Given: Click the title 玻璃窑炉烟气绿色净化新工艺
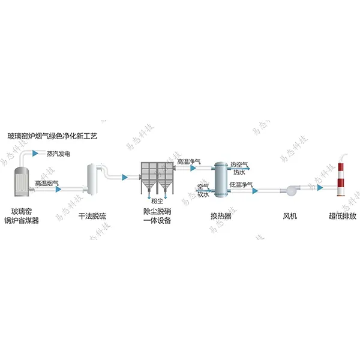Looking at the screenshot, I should click(52, 137).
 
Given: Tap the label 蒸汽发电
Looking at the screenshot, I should click(58, 154).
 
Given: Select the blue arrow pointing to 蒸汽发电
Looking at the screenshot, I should click(42, 154).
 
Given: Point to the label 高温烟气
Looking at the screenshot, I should click(46, 182).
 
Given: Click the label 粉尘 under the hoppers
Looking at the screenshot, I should click(157, 202).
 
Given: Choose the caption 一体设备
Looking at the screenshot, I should click(157, 221).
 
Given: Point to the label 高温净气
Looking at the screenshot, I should click(188, 162).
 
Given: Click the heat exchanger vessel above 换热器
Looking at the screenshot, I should click(221, 180).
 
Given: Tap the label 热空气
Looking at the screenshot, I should click(239, 164).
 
